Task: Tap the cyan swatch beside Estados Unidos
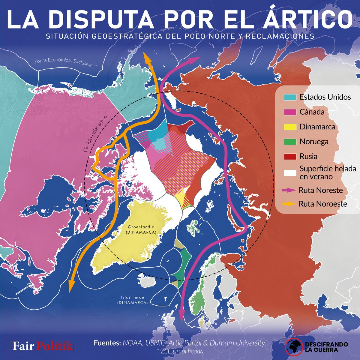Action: click(x=290, y=97)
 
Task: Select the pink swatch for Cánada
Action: click(x=290, y=112)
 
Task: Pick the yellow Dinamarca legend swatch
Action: click(x=290, y=127)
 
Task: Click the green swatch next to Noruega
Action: click(x=290, y=142)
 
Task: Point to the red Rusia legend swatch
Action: click(x=290, y=156)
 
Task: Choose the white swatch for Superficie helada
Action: click(x=290, y=173)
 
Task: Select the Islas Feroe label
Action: click(x=133, y=300)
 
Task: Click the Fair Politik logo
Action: click(x=42, y=346)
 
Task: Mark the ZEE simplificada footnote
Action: click(x=180, y=351)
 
